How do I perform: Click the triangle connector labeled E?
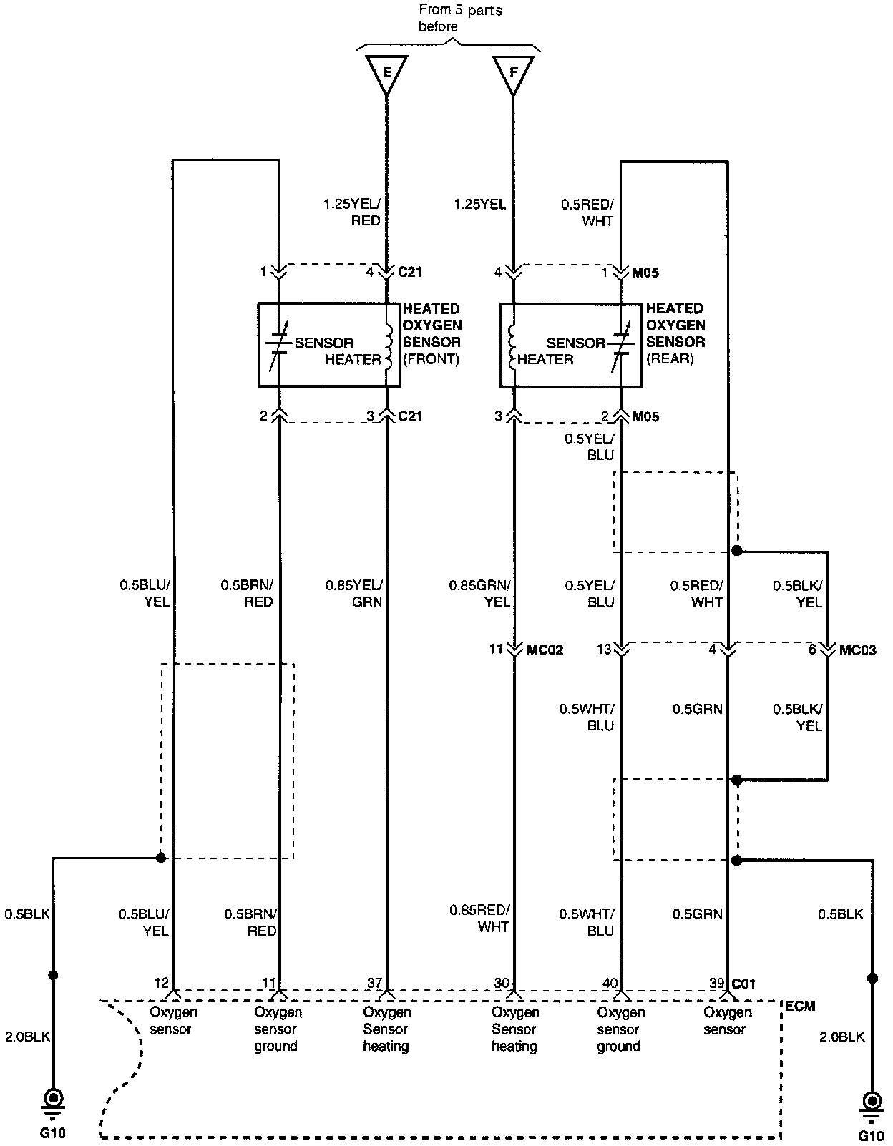(x=386, y=73)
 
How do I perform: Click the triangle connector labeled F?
(x=513, y=73)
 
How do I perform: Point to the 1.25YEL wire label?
(x=479, y=205)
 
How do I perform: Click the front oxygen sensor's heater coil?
(x=389, y=346)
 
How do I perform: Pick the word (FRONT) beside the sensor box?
(x=431, y=359)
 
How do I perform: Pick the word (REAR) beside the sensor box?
(x=670, y=359)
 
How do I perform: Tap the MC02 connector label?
(x=545, y=650)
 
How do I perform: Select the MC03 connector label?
(x=857, y=650)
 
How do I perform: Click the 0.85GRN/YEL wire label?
(x=479, y=594)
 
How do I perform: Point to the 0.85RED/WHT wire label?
(x=479, y=919)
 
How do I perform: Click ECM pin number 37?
(x=374, y=984)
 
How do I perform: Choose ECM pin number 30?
(x=502, y=984)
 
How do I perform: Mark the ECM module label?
(x=800, y=1006)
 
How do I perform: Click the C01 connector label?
(x=743, y=984)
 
